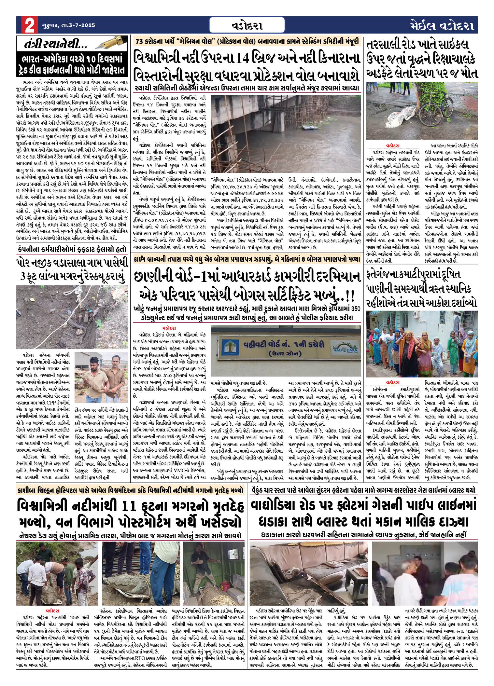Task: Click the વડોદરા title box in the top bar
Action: [247, 25]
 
